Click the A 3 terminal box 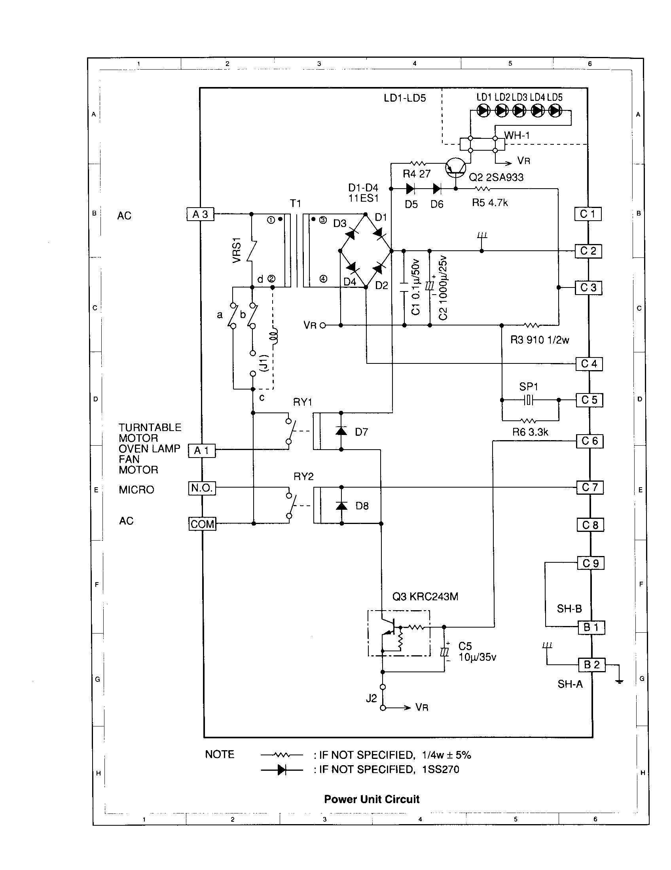click(x=201, y=214)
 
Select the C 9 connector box click(x=591, y=563)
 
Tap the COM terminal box click(x=203, y=524)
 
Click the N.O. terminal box click(x=202, y=488)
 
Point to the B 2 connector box click(x=592, y=664)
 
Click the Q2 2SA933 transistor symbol click(x=455, y=168)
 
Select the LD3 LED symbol click(x=519, y=110)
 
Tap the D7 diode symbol click(x=341, y=431)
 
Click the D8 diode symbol click(x=341, y=505)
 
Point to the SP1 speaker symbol click(x=528, y=400)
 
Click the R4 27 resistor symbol click(x=417, y=163)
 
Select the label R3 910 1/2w click(x=540, y=340)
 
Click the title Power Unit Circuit click(x=372, y=799)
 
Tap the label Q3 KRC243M click(x=425, y=596)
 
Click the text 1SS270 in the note click(x=440, y=769)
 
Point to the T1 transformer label click(x=295, y=204)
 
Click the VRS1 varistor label click(x=237, y=250)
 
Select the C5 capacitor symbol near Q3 click(x=444, y=652)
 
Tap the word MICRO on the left click(x=136, y=490)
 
